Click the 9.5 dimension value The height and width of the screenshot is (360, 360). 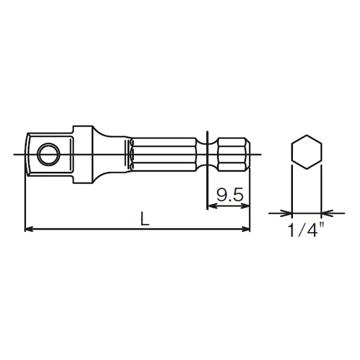(229, 195)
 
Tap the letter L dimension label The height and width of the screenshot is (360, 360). (144, 218)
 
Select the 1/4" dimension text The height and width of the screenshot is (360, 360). (306, 229)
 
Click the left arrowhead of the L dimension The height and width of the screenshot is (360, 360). (29, 229)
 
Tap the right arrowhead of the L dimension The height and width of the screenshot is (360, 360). (245, 229)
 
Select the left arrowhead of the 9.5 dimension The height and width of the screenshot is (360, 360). (211, 206)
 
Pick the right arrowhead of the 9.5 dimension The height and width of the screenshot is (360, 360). (245, 206)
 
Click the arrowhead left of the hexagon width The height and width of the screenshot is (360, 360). (287, 213)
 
